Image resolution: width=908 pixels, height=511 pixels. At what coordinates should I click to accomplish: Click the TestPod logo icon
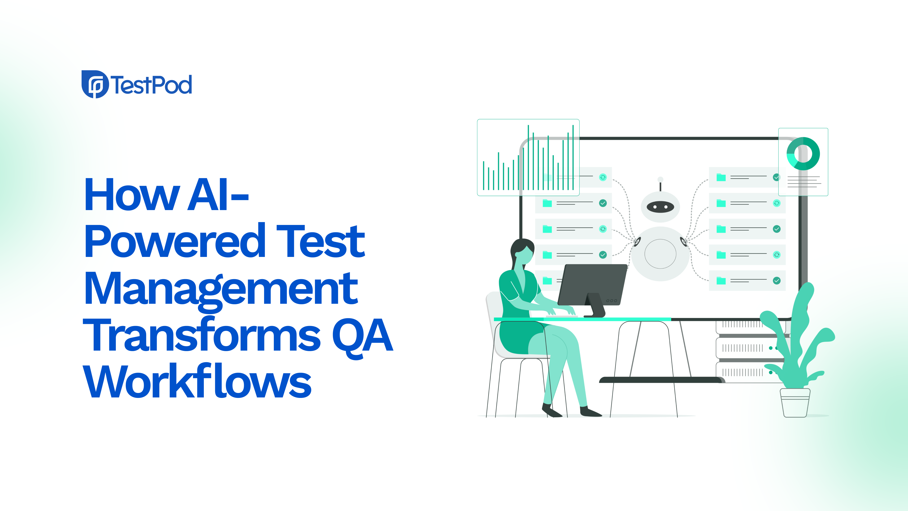[x=95, y=84]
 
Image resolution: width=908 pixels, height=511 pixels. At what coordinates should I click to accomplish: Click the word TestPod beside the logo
[x=152, y=85]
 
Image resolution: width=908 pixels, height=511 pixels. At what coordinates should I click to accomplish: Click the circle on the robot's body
[x=660, y=254]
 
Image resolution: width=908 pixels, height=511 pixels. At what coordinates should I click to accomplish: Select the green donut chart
[x=803, y=154]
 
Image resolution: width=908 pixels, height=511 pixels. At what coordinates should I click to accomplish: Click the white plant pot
[x=795, y=403]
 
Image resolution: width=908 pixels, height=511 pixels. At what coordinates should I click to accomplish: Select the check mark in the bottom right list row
[x=777, y=281]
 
